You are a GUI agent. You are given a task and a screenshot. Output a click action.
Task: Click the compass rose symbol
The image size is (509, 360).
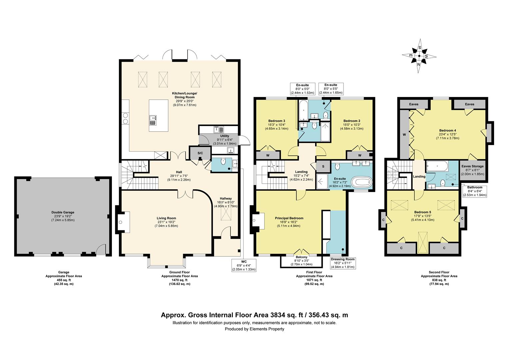tap(419, 56)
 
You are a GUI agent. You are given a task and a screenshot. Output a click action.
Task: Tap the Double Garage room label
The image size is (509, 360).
tap(63, 212)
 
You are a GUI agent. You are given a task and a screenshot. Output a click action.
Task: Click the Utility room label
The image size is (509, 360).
tap(225, 136)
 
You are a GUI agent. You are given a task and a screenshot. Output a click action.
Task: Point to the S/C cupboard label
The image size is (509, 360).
tap(200, 153)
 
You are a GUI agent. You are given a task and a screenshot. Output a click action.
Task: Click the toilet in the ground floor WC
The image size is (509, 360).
tap(223, 161)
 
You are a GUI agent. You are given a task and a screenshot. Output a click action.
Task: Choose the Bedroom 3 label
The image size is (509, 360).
tap(276, 121)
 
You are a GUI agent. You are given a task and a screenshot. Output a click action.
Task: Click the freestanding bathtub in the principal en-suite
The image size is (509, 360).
tap(362, 182)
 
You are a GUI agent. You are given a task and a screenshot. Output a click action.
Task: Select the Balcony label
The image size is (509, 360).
tap(301, 257)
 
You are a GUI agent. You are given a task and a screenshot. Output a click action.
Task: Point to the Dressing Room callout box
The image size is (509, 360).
tap(343, 263)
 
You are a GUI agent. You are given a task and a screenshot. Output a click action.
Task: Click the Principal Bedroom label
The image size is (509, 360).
tap(289, 218)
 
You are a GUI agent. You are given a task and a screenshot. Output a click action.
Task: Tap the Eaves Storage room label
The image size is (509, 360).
tap(472, 166)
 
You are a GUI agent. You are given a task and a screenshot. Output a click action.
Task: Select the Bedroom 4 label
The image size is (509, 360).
tap(447, 130)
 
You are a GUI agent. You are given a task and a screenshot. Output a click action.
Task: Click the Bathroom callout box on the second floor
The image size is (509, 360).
tap(475, 191)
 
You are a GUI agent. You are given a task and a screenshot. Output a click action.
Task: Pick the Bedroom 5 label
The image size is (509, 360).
tap(422, 212)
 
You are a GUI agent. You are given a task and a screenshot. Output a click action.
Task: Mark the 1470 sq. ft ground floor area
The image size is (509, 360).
tap(180, 280)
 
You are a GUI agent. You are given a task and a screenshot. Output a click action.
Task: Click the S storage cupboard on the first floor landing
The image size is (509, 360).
tap(323, 166)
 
